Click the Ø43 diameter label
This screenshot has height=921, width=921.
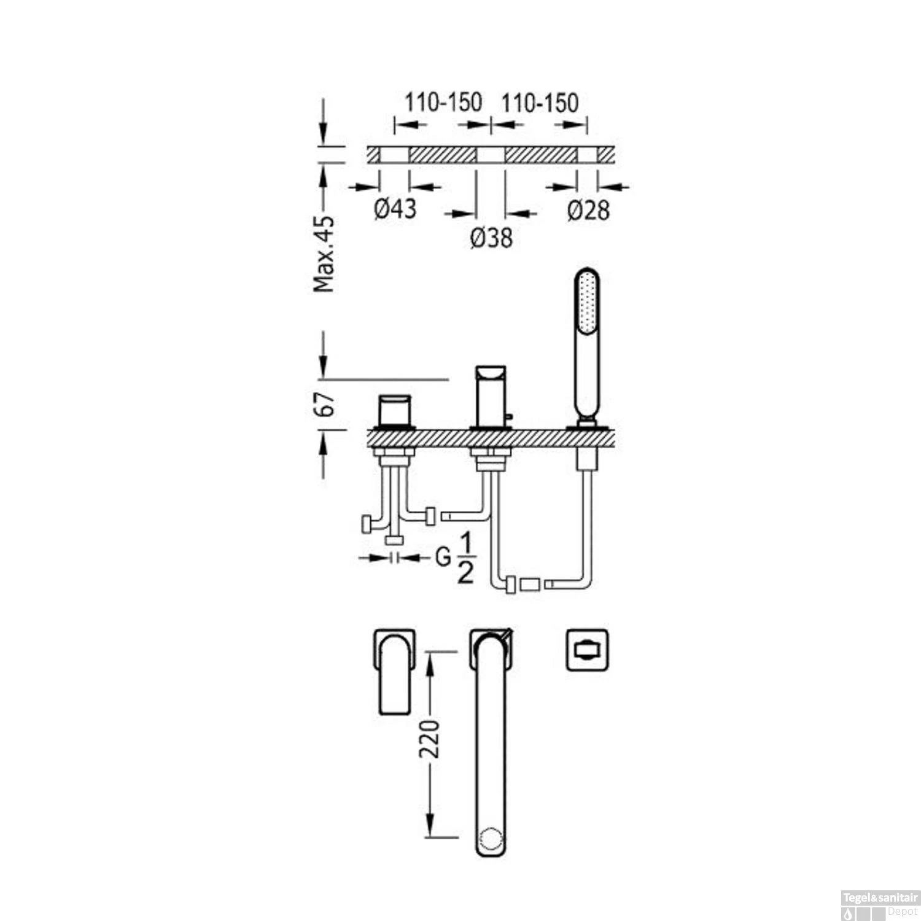[x=395, y=209]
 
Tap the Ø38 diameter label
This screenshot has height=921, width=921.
[x=491, y=238]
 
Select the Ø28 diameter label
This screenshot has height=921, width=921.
[x=589, y=211]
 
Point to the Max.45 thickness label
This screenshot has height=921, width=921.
[x=324, y=254]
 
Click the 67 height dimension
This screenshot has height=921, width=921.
[x=325, y=404]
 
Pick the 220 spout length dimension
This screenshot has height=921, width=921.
[x=430, y=739]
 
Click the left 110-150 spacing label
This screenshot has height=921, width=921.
[x=443, y=102]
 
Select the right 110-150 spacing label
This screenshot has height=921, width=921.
[x=540, y=103]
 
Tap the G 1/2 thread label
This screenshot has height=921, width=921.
[x=455, y=558]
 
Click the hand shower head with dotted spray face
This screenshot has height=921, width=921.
[x=586, y=301]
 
